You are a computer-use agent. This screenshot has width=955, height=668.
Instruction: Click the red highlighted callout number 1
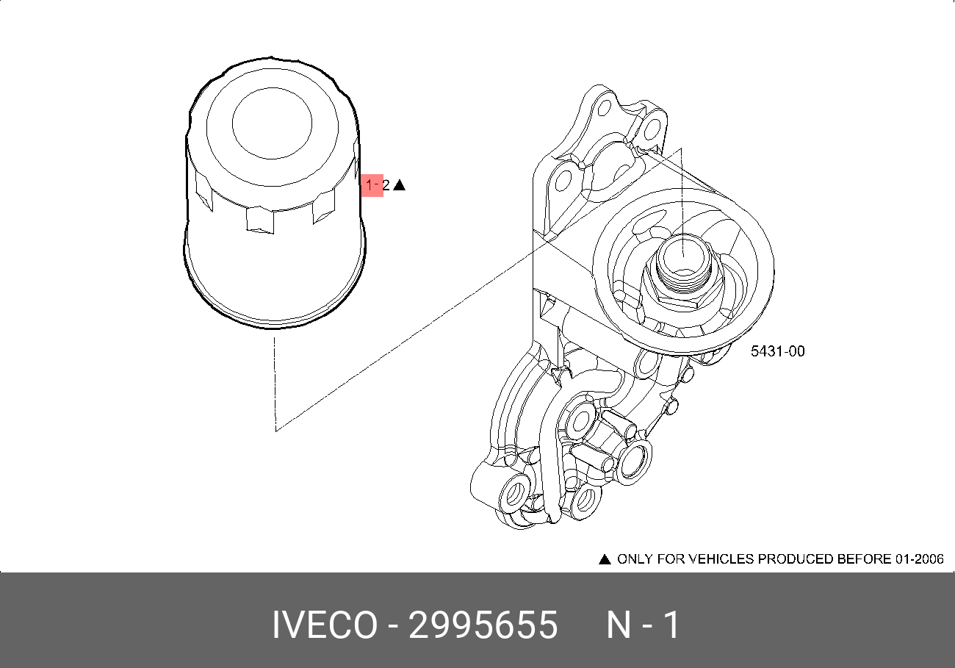tap(369, 185)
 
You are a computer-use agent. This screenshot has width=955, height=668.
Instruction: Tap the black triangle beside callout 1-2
tap(399, 185)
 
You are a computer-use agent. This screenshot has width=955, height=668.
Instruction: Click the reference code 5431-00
tap(778, 351)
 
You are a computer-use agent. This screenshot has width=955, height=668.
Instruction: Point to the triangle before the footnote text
tap(605, 559)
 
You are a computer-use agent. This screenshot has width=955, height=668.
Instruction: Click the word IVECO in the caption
tap(325, 625)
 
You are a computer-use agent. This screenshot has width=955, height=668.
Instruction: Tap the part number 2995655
tap(483, 625)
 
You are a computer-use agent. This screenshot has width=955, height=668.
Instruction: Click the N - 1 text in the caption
tap(643, 625)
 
